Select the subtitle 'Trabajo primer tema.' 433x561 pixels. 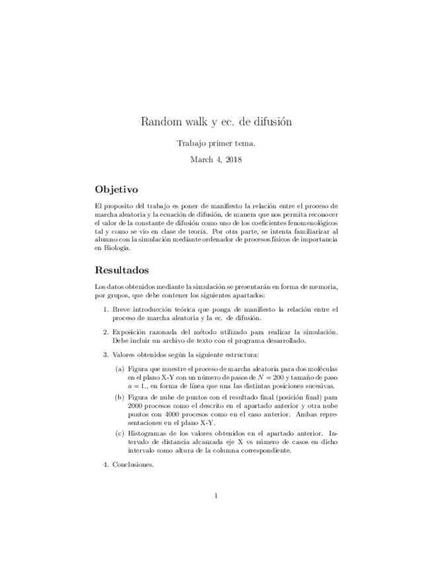[x=216, y=143]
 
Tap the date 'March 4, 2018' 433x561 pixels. [x=216, y=159]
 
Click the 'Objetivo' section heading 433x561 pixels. [x=116, y=189]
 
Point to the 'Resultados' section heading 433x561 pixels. [x=122, y=270]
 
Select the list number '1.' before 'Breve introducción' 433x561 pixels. [x=106, y=309]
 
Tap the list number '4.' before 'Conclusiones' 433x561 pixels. [x=106, y=464]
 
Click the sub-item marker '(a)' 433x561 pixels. [x=119, y=368]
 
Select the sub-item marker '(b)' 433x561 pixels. [x=119, y=398]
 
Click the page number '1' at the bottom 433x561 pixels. [x=216, y=496]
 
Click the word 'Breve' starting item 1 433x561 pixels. [x=122, y=309]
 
